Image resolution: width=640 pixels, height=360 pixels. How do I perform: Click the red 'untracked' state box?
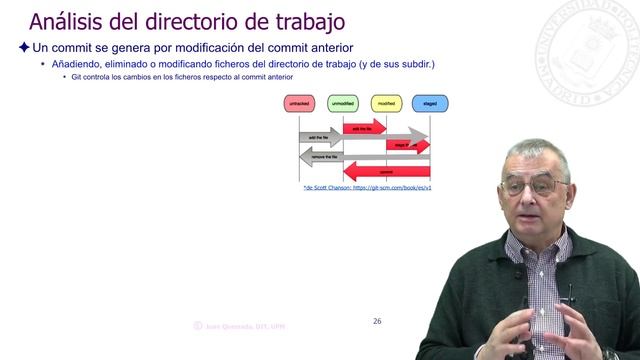coord(299,103)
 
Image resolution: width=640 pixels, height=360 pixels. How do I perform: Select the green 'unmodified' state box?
coord(344,103)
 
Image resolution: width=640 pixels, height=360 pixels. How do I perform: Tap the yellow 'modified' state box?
coord(386,103)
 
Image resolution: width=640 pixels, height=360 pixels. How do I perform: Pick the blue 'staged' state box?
coord(430,103)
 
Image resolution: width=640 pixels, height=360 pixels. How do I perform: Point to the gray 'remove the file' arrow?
coord(325,157)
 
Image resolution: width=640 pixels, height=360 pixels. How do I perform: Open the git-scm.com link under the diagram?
coord(367,187)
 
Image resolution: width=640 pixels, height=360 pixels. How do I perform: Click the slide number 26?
coord(377,293)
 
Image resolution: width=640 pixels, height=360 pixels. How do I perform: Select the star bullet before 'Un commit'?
coord(24,47)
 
